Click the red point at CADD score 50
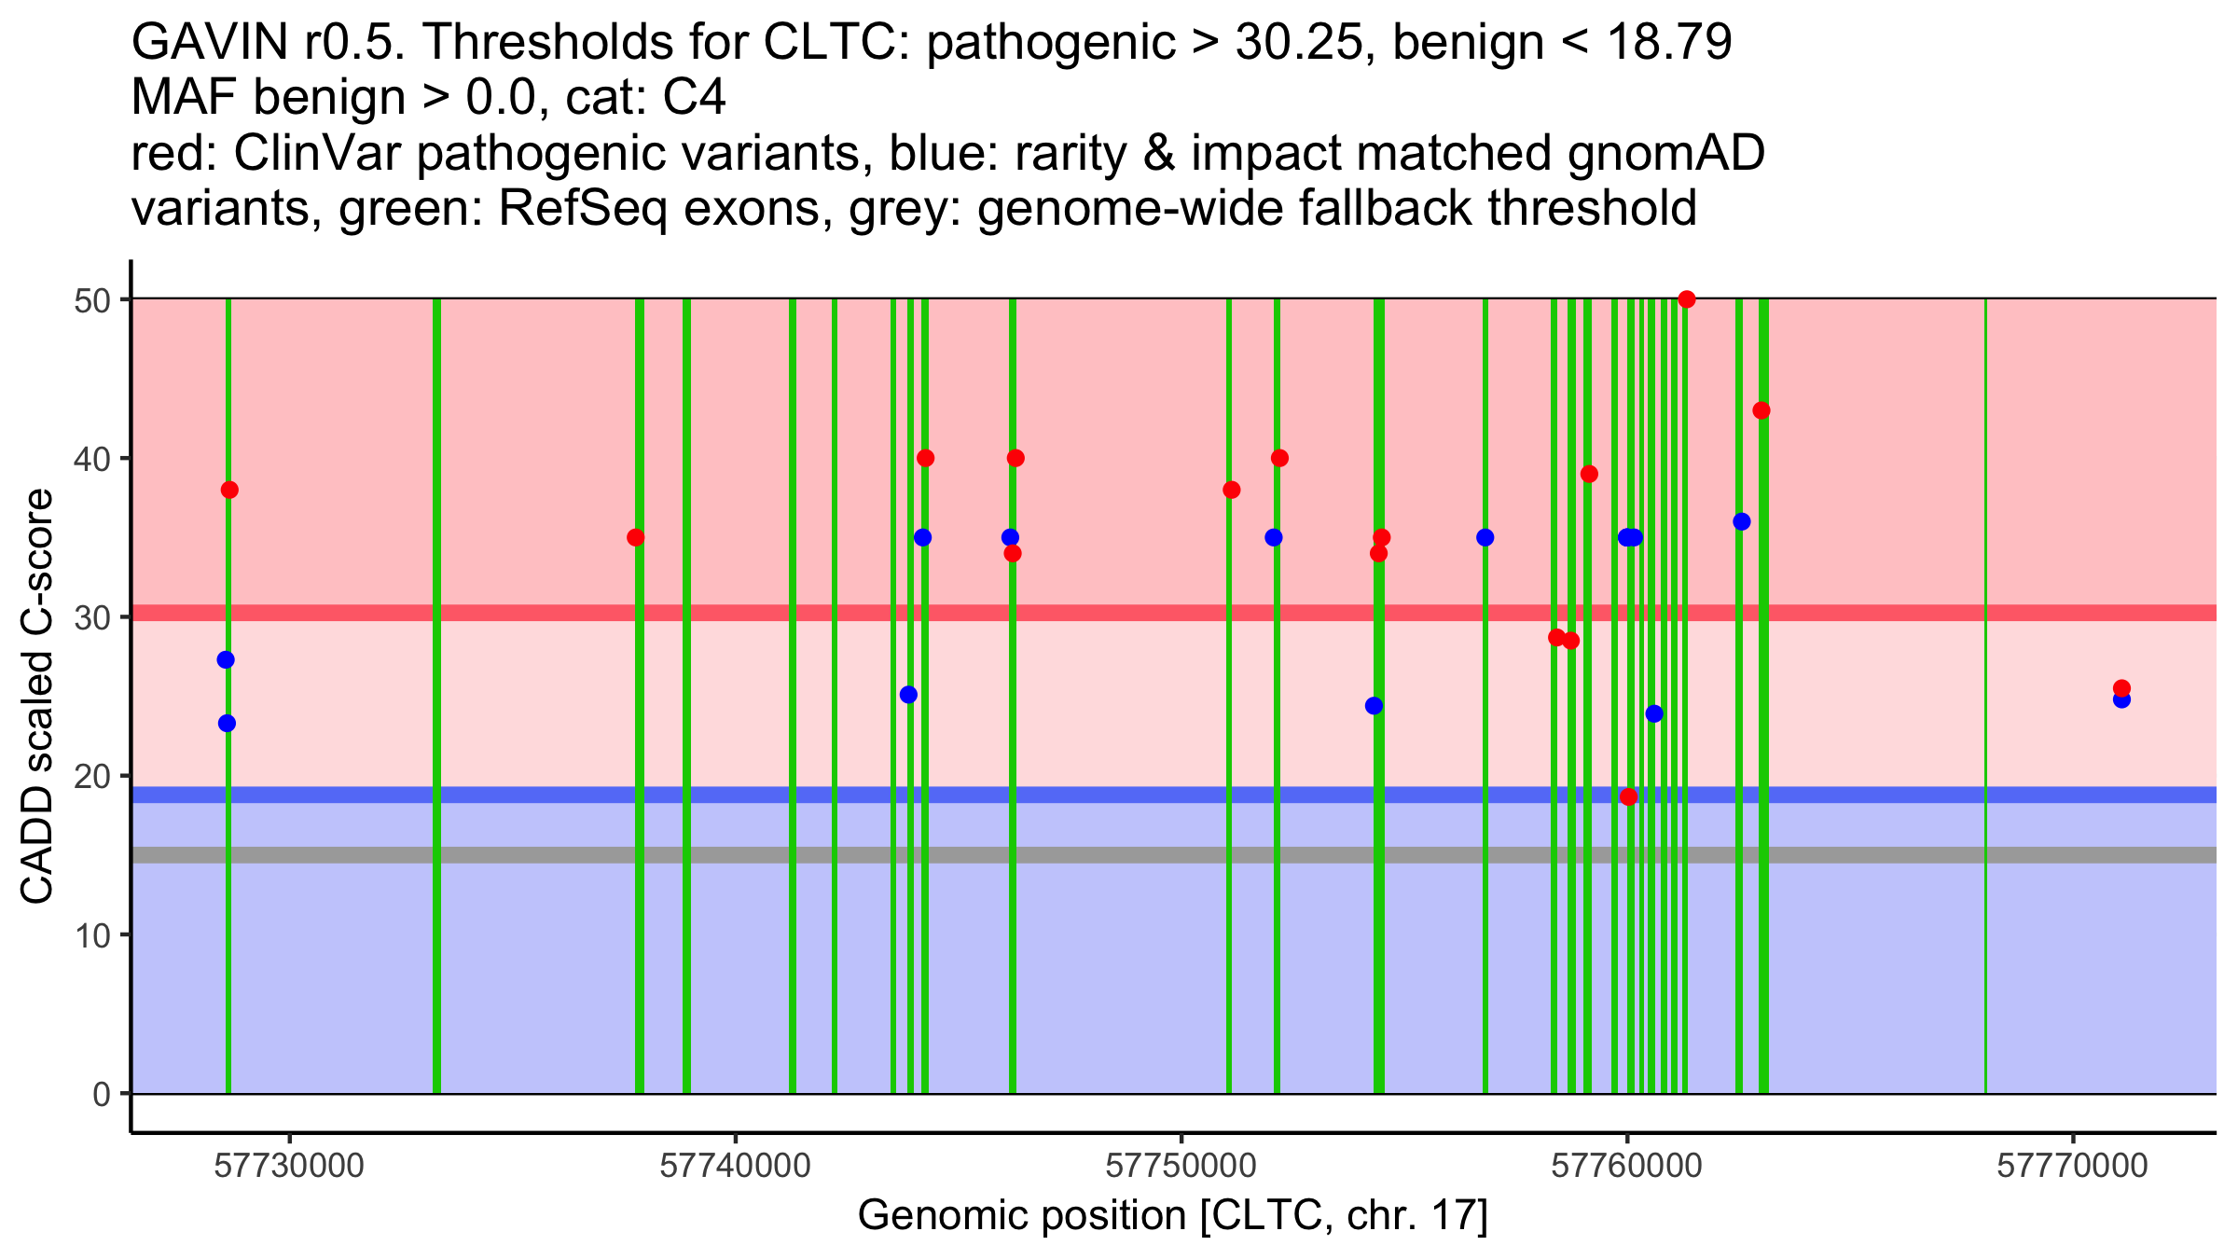(x=1686, y=299)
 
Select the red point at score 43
(x=1761, y=410)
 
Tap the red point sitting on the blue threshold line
(x=1628, y=796)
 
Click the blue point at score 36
(x=1741, y=521)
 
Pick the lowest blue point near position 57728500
(x=227, y=723)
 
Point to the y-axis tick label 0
(x=101, y=1094)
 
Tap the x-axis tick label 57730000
(x=289, y=1167)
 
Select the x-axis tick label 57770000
(x=2072, y=1167)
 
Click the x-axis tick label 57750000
(x=1181, y=1167)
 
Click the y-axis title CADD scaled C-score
(x=37, y=697)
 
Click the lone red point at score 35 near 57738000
(x=635, y=537)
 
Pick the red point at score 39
(x=1589, y=474)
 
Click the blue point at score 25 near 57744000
(x=908, y=694)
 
